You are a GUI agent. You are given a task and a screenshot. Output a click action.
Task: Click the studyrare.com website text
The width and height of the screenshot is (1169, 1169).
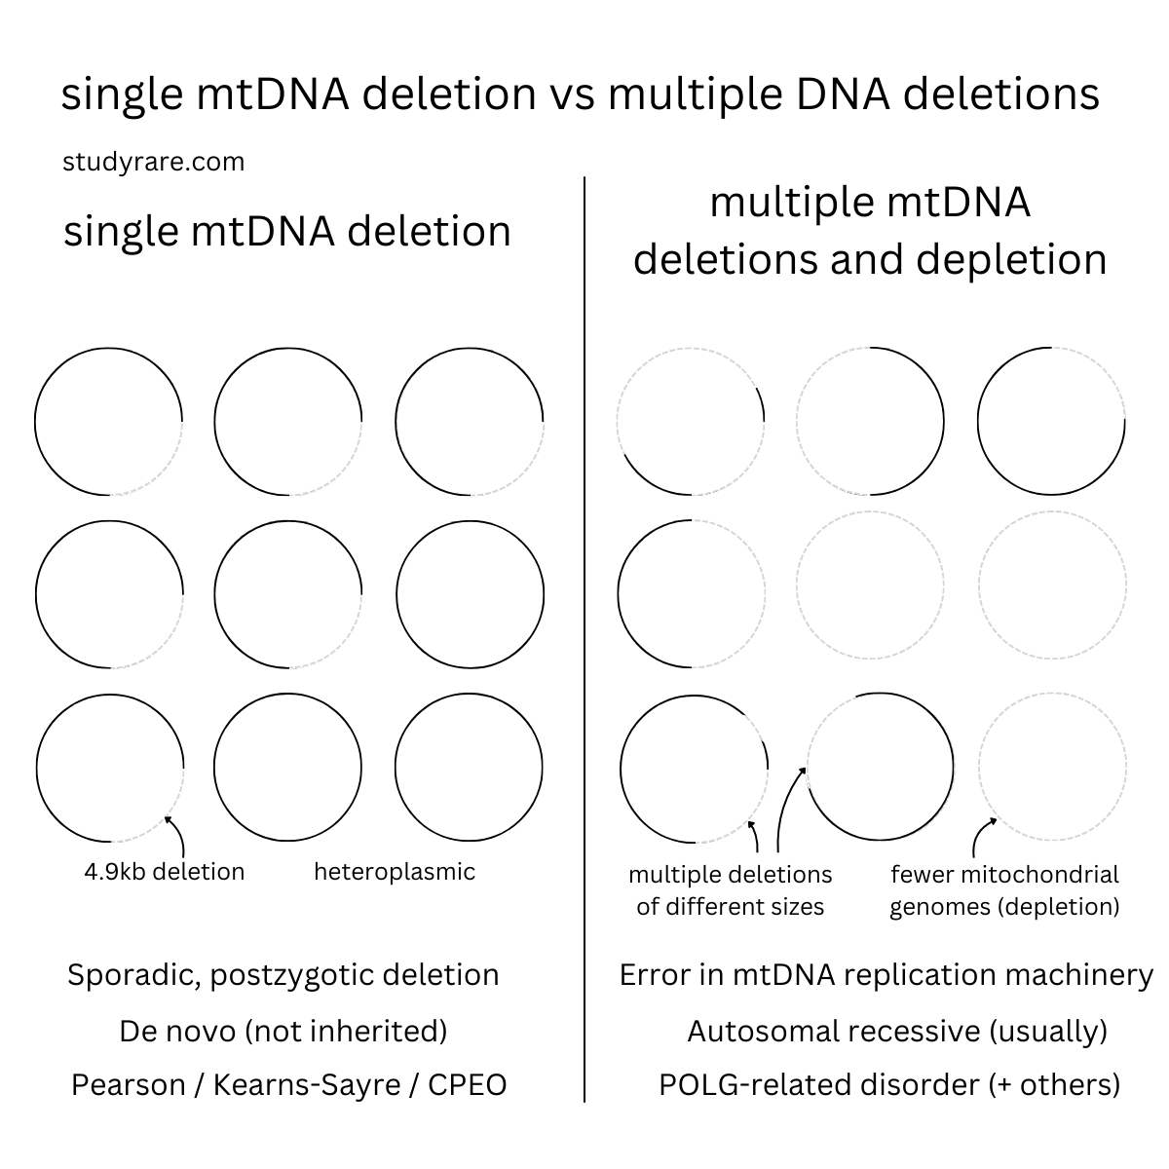click(153, 162)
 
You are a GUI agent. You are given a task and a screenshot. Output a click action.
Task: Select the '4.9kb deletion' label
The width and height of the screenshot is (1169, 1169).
click(164, 871)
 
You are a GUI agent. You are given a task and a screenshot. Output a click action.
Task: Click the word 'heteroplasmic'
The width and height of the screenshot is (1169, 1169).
click(395, 871)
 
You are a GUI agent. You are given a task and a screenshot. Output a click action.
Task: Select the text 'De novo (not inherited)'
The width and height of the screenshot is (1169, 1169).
click(283, 1031)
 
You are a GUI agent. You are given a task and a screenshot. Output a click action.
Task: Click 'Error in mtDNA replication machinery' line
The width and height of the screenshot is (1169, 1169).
click(886, 975)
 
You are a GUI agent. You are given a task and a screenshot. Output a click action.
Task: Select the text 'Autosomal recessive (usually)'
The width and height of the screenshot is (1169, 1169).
click(897, 1031)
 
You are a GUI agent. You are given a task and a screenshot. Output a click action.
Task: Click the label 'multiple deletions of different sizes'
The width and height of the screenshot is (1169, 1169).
click(730, 889)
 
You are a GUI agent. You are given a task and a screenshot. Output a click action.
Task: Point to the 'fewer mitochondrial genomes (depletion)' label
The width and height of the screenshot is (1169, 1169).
click(1004, 889)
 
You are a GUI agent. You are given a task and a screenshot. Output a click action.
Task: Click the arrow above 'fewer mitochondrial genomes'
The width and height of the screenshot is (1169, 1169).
click(980, 836)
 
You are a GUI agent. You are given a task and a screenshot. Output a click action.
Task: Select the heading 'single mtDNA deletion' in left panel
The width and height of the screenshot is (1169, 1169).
click(286, 232)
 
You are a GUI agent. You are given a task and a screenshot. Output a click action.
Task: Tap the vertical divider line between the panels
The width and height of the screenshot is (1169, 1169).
click(584, 633)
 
